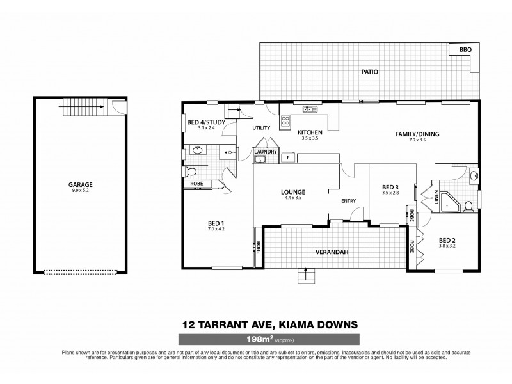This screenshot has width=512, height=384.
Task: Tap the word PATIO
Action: pos(369,72)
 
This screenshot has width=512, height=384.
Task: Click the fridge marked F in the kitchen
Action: pos(288,157)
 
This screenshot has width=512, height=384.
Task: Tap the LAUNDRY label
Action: pos(265,152)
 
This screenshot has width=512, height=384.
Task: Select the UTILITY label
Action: pos(261,128)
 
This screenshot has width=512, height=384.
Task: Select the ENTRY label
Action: pos(348,201)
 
